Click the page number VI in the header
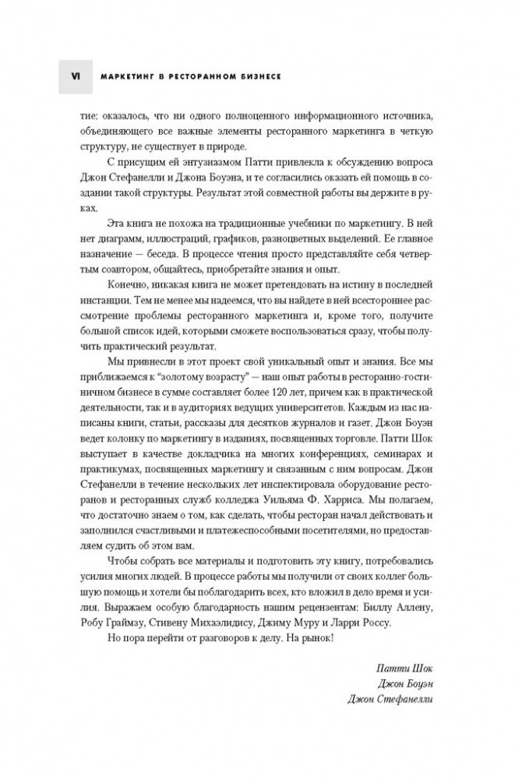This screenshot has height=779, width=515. [75, 77]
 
